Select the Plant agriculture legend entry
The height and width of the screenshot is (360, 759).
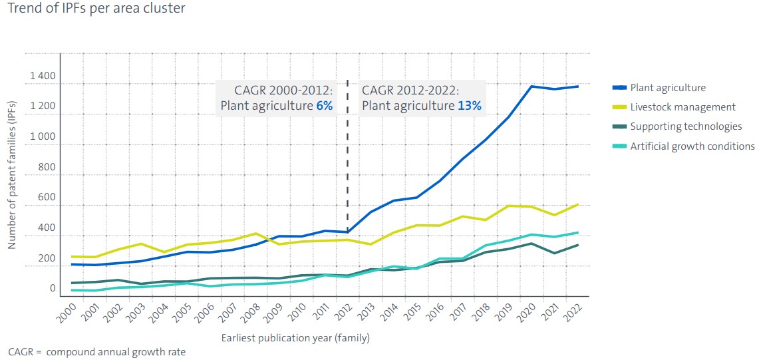667,88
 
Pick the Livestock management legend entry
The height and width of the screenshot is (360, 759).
683,107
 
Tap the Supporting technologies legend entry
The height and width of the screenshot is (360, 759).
685,126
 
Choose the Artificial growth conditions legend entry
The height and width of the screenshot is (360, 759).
692,146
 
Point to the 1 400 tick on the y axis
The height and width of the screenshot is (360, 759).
43,77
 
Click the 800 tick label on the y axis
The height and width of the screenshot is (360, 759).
47,168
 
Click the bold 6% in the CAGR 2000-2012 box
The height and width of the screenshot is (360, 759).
325,105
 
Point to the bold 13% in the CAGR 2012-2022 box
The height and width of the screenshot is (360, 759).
469,105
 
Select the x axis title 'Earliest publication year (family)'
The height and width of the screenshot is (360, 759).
295,338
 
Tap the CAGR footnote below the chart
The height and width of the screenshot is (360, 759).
97,352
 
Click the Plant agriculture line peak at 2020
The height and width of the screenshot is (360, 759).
531,87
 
